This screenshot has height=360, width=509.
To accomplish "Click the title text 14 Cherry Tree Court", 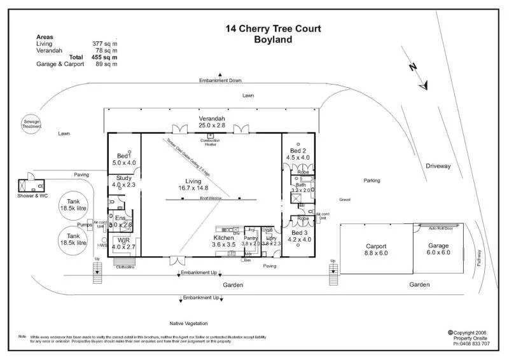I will (x=273, y=29).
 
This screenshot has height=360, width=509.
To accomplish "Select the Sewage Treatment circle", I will (x=32, y=123).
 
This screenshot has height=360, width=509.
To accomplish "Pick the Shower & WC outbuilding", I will (x=31, y=185).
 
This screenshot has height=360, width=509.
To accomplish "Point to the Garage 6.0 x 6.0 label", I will (x=438, y=249).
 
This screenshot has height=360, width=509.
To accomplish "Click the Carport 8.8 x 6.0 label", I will (x=376, y=249).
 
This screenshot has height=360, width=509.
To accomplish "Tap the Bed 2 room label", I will (x=298, y=153).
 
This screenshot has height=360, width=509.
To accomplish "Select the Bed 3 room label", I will (x=298, y=236).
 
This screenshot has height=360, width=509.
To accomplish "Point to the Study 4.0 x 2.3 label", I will (x=123, y=181).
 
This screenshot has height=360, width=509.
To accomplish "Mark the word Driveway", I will (x=438, y=166).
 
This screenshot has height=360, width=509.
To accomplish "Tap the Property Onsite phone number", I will (x=471, y=343).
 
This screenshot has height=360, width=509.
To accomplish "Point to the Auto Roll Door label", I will (x=440, y=227).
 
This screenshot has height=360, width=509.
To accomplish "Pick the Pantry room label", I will (x=249, y=240).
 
